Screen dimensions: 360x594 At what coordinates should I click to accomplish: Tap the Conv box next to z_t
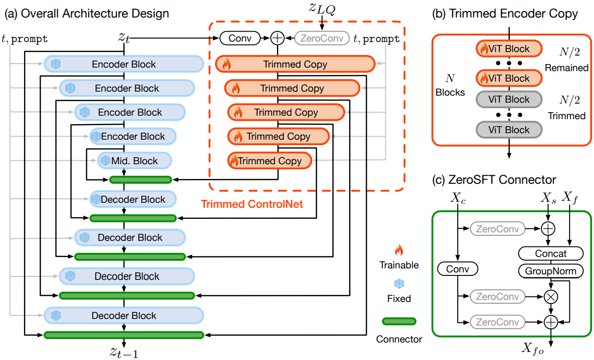pyautogui.click(x=240, y=38)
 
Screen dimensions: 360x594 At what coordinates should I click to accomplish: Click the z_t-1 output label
pyautogui.click(x=124, y=351)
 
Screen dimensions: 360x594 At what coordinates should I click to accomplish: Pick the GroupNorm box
pyautogui.click(x=550, y=271)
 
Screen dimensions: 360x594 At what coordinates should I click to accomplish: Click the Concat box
pyautogui.click(x=550, y=253)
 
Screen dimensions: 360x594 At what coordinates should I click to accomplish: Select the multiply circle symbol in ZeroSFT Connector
pyautogui.click(x=551, y=296)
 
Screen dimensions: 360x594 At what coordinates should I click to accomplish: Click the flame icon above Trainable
pyautogui.click(x=399, y=249)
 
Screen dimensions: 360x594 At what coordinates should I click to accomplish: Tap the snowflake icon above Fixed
pyautogui.click(x=399, y=284)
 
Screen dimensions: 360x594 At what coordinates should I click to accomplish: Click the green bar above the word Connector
pyautogui.click(x=399, y=321)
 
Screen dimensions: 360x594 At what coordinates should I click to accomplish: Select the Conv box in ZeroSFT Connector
pyautogui.click(x=458, y=269)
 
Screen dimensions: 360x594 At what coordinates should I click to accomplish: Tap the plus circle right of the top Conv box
pyautogui.click(x=277, y=38)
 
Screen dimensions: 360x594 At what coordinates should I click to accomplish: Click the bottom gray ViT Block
pyautogui.click(x=509, y=130)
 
